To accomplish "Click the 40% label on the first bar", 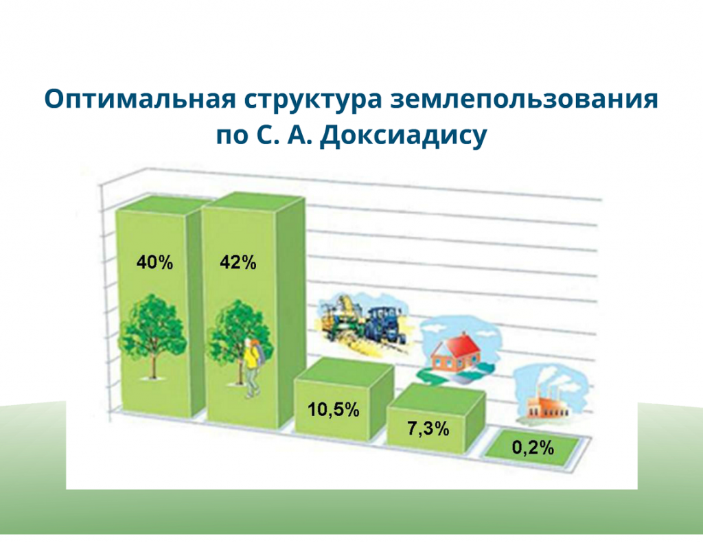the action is pyautogui.click(x=154, y=262).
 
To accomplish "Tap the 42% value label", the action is pyautogui.click(x=238, y=262).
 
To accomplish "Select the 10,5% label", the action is pyautogui.click(x=333, y=409).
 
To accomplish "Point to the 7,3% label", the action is pyautogui.click(x=428, y=428).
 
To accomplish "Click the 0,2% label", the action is pyautogui.click(x=533, y=448).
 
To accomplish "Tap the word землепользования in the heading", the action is pyautogui.click(x=524, y=99).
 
